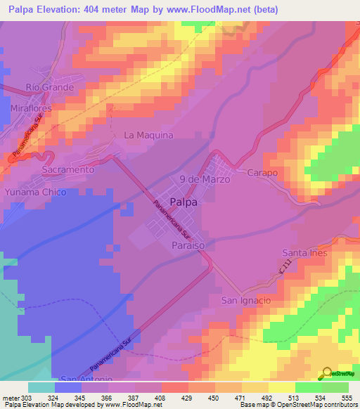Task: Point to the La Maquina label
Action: [x=148, y=135]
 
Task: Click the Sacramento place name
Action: [x=67, y=170]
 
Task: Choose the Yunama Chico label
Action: [x=35, y=192]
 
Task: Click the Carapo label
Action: [x=262, y=173]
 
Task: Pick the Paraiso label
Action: [x=188, y=245]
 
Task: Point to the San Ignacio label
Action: [x=246, y=300]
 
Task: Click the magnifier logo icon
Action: [x=326, y=373]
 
